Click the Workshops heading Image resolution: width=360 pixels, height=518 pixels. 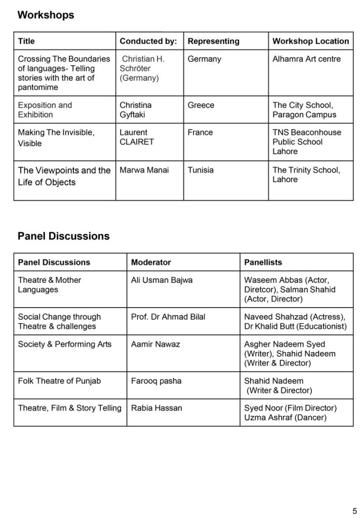pos(46,15)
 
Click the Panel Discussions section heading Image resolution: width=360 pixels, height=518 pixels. pos(63,236)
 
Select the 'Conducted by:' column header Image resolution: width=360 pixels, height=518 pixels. pos(148,41)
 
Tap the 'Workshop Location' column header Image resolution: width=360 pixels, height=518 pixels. pos(310,41)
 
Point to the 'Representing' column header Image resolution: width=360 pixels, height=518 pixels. pos(213,41)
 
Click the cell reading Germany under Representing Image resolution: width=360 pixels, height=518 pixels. pos(204,59)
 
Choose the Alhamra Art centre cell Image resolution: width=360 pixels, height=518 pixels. pos(306,59)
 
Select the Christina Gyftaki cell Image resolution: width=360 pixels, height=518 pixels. pos(135,110)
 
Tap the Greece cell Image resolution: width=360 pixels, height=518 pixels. pos(201,105)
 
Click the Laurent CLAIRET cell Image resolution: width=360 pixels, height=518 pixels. pos(136,137)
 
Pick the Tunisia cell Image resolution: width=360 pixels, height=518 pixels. pos(201,170)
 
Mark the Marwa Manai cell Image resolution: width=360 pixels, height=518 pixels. pos(144,170)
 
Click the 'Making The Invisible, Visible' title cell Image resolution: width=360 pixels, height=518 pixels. pos(56,138)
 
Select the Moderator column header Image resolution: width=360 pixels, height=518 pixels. pos(151,263)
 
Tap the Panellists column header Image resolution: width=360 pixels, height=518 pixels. pos(263,263)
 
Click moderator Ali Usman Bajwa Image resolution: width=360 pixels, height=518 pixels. pos(162,280)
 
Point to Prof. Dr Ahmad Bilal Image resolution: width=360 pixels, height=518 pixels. pos(168,317)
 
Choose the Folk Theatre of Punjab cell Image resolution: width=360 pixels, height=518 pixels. pos(59,381)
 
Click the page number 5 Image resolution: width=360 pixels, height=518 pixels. pos(354,509)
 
